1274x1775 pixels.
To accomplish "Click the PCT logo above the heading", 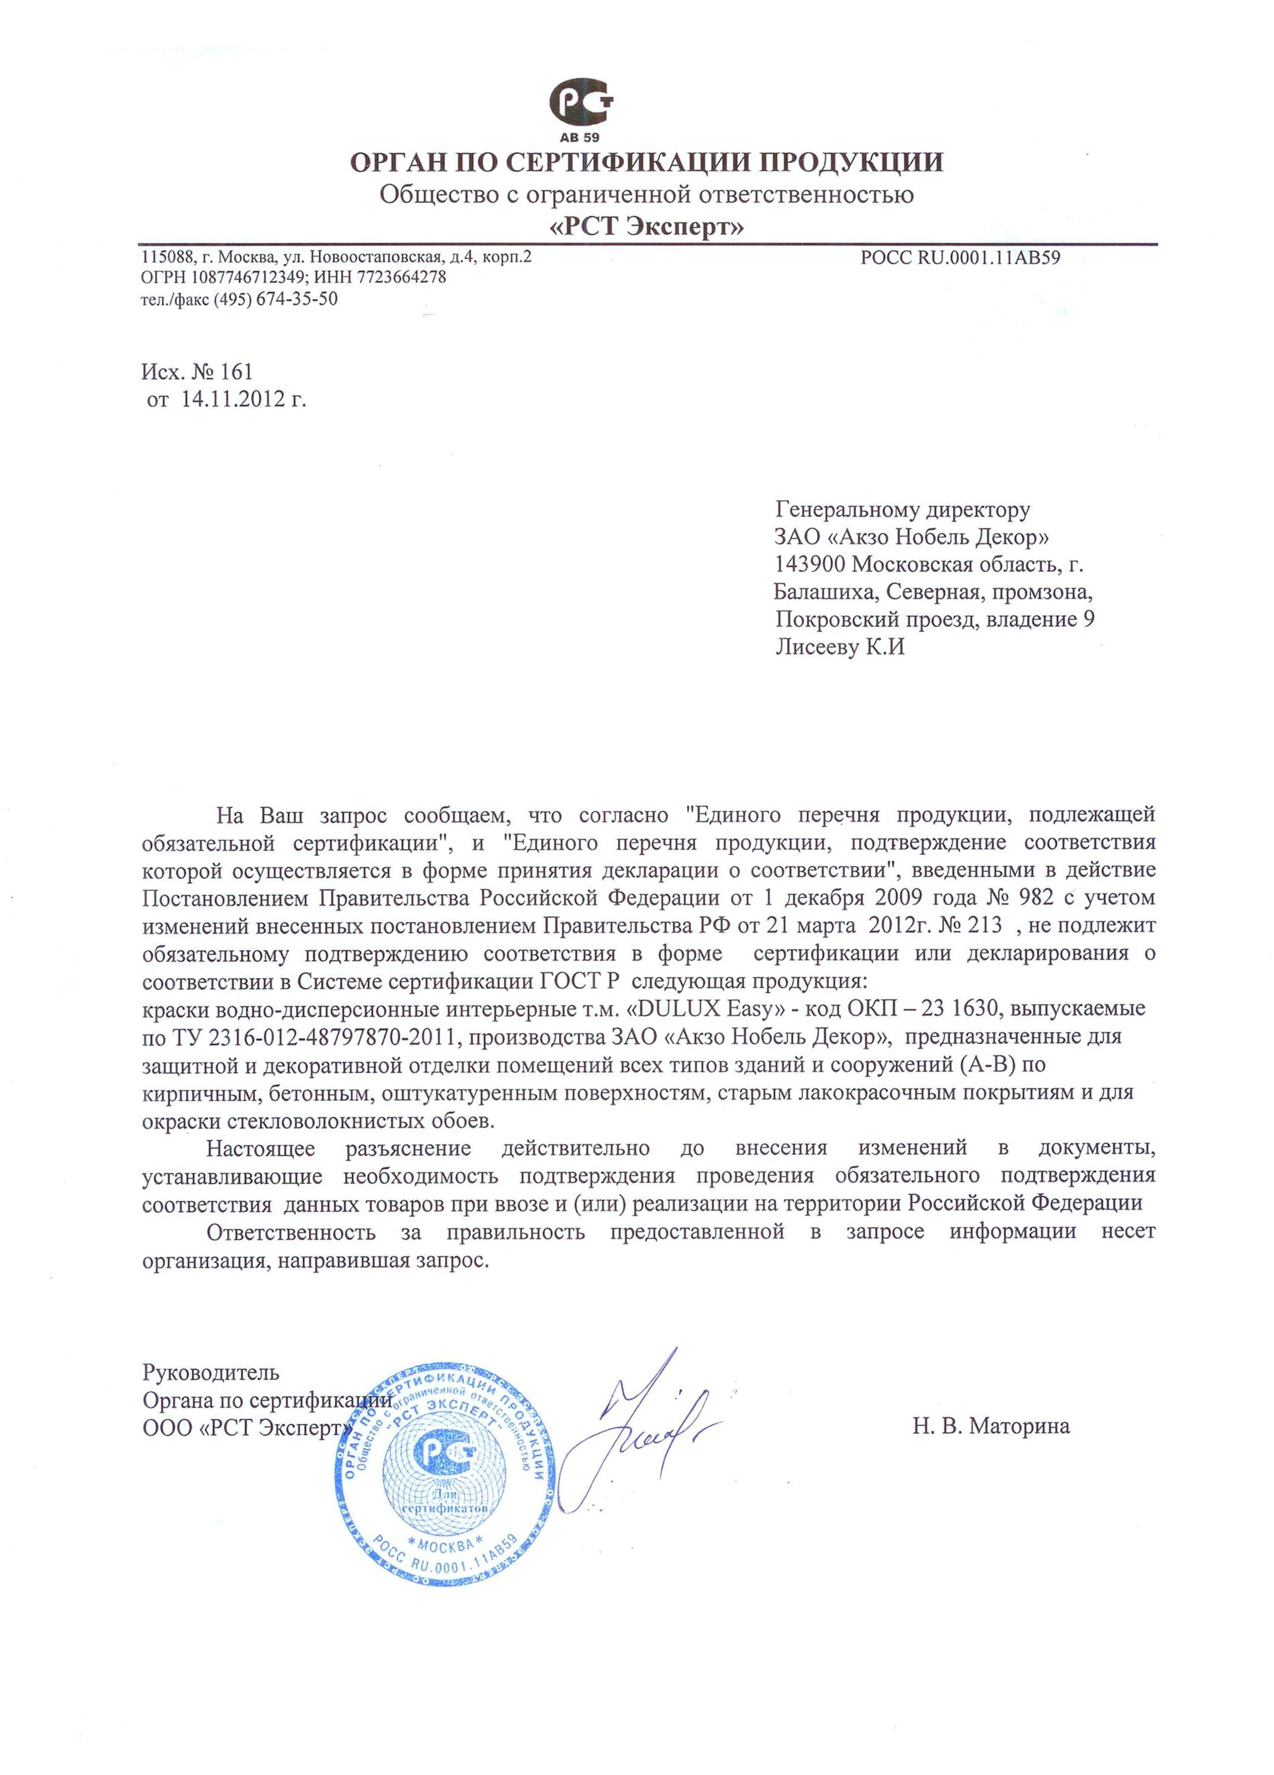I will pyautogui.click(x=581, y=104).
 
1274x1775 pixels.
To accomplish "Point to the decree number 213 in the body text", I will pyautogui.click(x=984, y=925).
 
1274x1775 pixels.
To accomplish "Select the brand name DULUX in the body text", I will pyautogui.click(x=674, y=1008).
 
